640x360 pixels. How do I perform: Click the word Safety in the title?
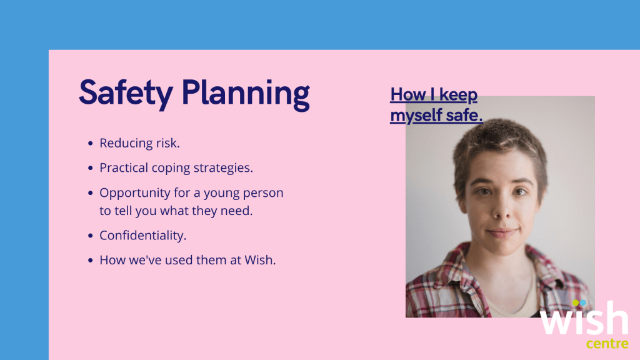126,94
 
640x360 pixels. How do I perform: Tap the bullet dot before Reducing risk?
90,143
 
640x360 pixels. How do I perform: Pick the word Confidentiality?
143,235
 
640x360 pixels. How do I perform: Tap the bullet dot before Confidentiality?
90,236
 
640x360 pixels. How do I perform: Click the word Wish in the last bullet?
260,260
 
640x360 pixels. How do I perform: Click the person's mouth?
502,232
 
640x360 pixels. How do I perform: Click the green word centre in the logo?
607,343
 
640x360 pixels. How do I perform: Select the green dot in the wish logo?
576,303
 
